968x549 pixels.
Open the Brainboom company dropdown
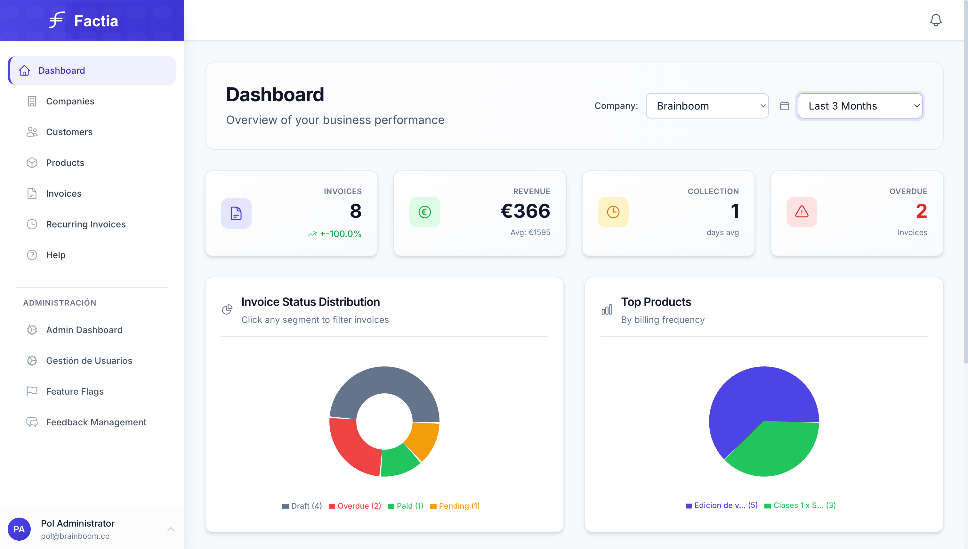click(707, 106)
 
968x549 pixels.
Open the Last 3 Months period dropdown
click(860, 106)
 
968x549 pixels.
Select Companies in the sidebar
click(70, 102)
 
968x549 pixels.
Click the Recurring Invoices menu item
click(85, 224)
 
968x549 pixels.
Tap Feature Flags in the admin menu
click(75, 391)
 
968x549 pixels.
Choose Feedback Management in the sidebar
click(96, 422)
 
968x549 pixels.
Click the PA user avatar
click(19, 529)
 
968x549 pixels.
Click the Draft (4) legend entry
click(302, 506)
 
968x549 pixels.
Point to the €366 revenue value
click(525, 211)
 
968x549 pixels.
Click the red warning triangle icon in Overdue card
click(802, 212)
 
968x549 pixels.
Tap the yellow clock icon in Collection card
click(613, 212)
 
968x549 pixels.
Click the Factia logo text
click(96, 21)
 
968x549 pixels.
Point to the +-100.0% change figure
click(340, 234)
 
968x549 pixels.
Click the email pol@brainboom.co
click(75, 536)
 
